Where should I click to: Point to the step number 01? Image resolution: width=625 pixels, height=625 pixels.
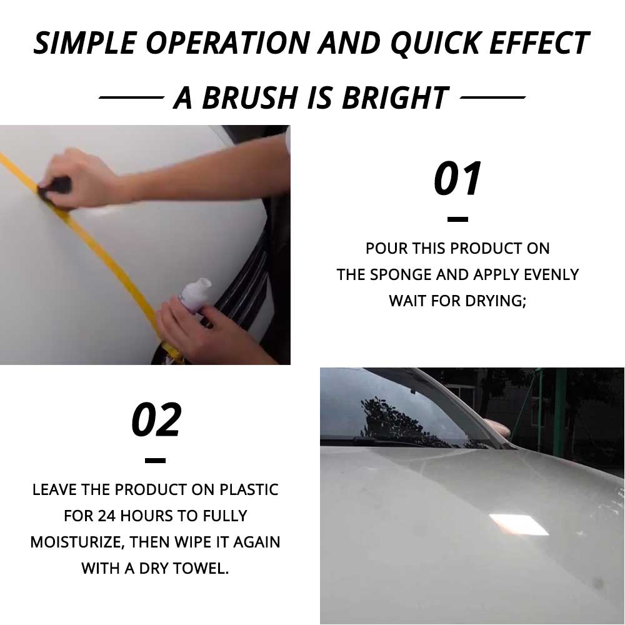point(458,179)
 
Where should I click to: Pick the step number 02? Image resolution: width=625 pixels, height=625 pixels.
point(156,420)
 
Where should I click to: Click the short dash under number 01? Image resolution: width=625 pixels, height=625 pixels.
point(458,219)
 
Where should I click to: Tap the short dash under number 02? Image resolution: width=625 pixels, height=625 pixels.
point(155,461)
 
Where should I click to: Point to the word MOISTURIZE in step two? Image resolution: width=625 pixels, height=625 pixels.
point(76,542)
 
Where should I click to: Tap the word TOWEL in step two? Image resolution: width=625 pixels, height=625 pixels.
point(202,568)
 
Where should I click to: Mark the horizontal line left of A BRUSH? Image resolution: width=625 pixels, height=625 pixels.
point(131,98)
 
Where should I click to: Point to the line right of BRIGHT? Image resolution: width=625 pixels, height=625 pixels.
point(492,98)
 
